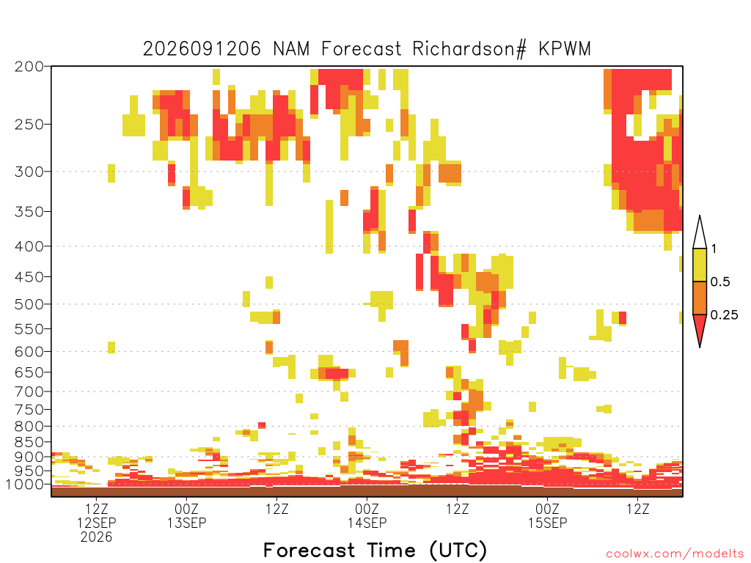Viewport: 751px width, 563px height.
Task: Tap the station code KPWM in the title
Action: click(565, 49)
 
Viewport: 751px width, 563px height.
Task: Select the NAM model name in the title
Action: click(291, 49)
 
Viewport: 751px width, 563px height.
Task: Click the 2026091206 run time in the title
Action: click(202, 49)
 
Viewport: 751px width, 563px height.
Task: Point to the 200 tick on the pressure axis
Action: click(29, 67)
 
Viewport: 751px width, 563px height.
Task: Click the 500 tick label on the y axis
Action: click(29, 304)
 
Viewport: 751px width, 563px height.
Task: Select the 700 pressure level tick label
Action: click(29, 391)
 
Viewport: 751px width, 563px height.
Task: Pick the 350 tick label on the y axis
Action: click(29, 211)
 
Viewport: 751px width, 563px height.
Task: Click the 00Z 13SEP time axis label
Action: click(187, 515)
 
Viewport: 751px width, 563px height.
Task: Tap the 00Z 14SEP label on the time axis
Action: click(367, 515)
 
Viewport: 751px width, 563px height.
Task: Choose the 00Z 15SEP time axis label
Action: click(547, 515)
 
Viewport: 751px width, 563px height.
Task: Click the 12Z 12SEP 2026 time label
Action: click(97, 523)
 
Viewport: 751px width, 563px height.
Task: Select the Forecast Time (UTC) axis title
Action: click(375, 551)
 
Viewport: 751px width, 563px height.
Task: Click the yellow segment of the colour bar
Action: click(700, 265)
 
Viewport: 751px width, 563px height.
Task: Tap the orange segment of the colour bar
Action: click(700, 298)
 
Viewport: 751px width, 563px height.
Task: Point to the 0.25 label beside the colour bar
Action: click(724, 315)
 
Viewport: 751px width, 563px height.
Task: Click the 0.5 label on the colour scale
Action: click(720, 282)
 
